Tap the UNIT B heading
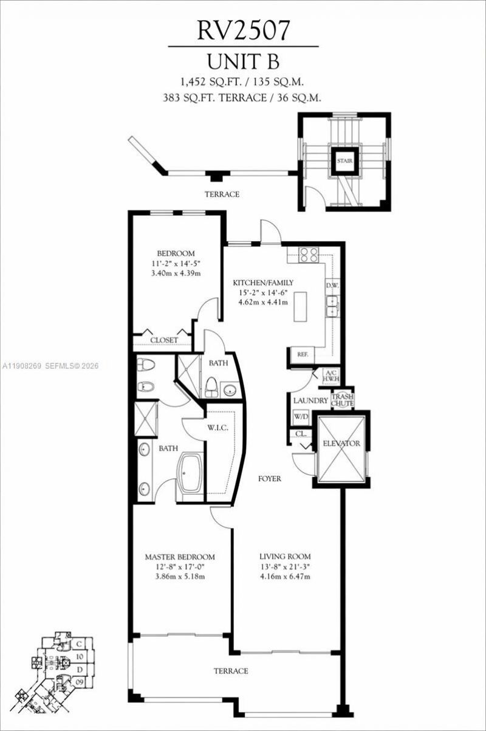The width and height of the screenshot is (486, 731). (x=243, y=63)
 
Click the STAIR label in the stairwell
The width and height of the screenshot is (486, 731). (x=344, y=162)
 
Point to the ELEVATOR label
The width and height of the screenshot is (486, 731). (x=341, y=444)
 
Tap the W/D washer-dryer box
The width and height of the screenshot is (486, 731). (x=300, y=417)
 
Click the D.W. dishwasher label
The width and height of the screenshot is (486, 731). (x=332, y=285)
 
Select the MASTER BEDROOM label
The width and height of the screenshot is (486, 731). (x=179, y=557)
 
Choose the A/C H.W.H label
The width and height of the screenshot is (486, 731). (x=331, y=376)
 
